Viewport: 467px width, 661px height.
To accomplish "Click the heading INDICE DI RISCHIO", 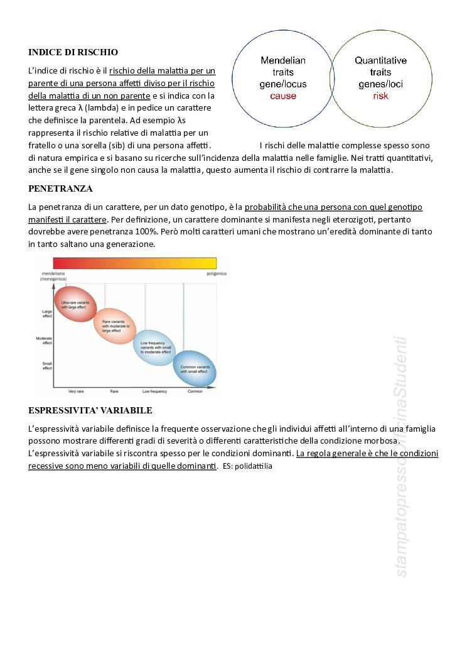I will [x=73, y=52].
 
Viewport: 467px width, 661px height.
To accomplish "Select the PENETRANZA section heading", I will [x=60, y=188].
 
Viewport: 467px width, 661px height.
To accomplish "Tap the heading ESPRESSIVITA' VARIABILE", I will [x=90, y=410].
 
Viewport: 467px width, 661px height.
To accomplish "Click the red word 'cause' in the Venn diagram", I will [x=283, y=96].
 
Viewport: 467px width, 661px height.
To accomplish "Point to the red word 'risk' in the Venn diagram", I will [x=381, y=96].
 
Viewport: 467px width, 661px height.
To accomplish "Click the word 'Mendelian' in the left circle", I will [x=283, y=61].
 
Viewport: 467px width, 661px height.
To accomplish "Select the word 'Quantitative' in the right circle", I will [x=380, y=61].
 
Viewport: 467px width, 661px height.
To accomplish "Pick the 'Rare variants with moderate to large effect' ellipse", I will [x=115, y=325].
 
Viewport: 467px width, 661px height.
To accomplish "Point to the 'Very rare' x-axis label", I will [x=76, y=391].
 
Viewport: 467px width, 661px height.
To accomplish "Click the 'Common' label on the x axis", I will [x=195, y=391].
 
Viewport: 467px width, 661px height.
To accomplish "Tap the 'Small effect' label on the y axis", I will [x=47, y=366].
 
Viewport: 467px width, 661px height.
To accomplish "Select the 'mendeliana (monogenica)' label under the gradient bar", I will [x=50, y=276].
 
